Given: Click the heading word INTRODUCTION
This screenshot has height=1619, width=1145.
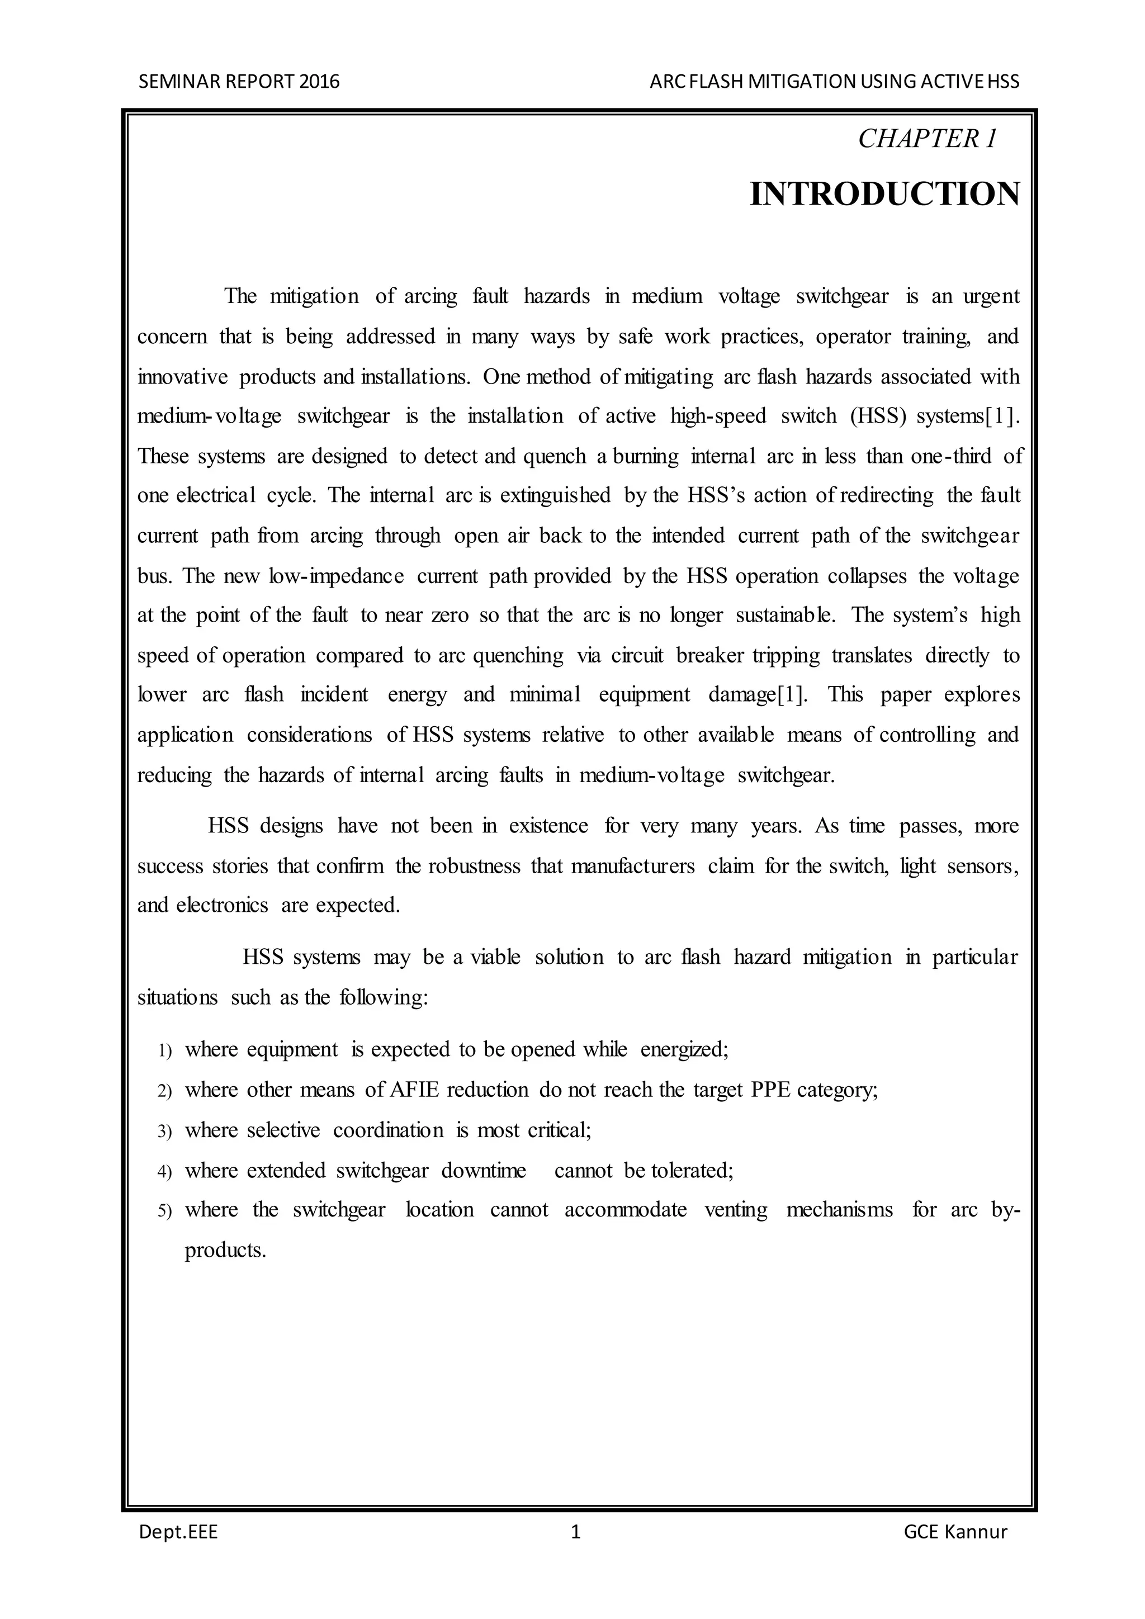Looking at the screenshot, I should tap(884, 194).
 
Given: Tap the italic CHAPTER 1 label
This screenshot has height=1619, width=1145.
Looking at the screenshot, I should tap(927, 139).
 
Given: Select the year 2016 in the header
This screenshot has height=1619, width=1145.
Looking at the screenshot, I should tap(319, 82).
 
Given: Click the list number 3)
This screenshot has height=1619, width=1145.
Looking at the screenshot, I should tap(164, 1132).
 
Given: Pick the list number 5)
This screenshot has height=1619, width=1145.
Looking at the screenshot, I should tap(164, 1211).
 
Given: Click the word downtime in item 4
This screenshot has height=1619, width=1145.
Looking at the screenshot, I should tap(484, 1171).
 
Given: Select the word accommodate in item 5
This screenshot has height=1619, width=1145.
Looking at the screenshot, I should tap(626, 1210).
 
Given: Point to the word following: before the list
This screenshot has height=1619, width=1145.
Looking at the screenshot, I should tap(384, 998).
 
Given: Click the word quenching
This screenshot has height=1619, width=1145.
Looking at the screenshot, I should tap(518, 656).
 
